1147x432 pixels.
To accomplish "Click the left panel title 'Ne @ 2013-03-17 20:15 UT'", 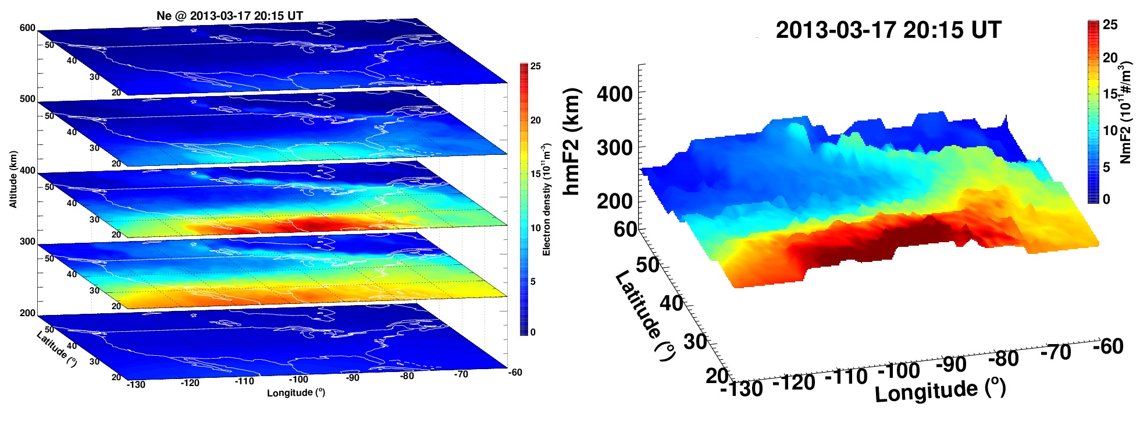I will (230, 16).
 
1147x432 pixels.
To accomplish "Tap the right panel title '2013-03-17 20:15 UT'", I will (888, 30).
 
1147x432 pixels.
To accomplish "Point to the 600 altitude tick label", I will (27, 28).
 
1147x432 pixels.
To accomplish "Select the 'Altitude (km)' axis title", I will (13, 179).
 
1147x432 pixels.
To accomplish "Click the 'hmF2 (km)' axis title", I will (572, 141).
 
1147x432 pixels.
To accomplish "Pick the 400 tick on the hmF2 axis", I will (614, 94).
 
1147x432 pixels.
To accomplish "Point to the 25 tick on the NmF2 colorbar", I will (1110, 24).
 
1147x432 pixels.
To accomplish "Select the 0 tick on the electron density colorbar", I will (533, 332).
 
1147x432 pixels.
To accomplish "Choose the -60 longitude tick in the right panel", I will (1107, 346).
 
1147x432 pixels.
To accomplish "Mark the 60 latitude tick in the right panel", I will (625, 229).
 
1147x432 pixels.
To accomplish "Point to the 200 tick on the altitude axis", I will (27, 313).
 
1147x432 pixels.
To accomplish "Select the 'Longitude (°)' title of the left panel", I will (296, 393).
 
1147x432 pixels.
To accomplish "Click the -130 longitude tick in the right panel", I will (742, 388).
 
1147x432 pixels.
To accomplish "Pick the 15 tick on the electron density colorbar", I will (535, 173).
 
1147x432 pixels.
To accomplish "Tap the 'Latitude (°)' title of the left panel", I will (56, 349).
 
